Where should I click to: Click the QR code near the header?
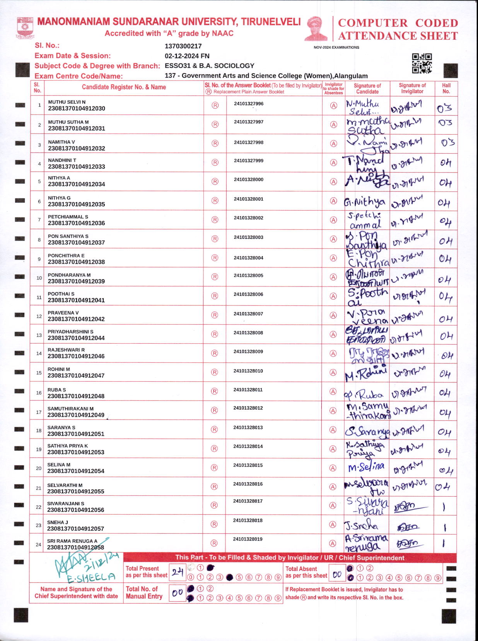(422, 63)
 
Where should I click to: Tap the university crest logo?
(25, 27)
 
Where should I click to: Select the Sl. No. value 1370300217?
(183, 46)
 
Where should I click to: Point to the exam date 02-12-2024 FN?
(187, 56)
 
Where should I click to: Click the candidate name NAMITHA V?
(61, 142)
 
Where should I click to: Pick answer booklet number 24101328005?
(248, 276)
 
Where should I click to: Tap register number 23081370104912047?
(76, 375)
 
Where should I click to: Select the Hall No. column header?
(446, 88)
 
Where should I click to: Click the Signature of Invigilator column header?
(412, 88)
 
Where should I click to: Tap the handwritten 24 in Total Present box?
(178, 572)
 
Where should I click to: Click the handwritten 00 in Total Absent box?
(337, 575)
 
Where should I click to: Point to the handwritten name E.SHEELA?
(91, 578)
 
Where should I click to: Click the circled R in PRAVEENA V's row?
(215, 315)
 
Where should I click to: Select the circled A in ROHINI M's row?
(333, 372)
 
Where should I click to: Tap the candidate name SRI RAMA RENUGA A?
(72, 541)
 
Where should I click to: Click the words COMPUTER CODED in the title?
(398, 23)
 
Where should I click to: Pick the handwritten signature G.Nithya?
(365, 202)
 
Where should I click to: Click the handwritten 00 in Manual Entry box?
(178, 593)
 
